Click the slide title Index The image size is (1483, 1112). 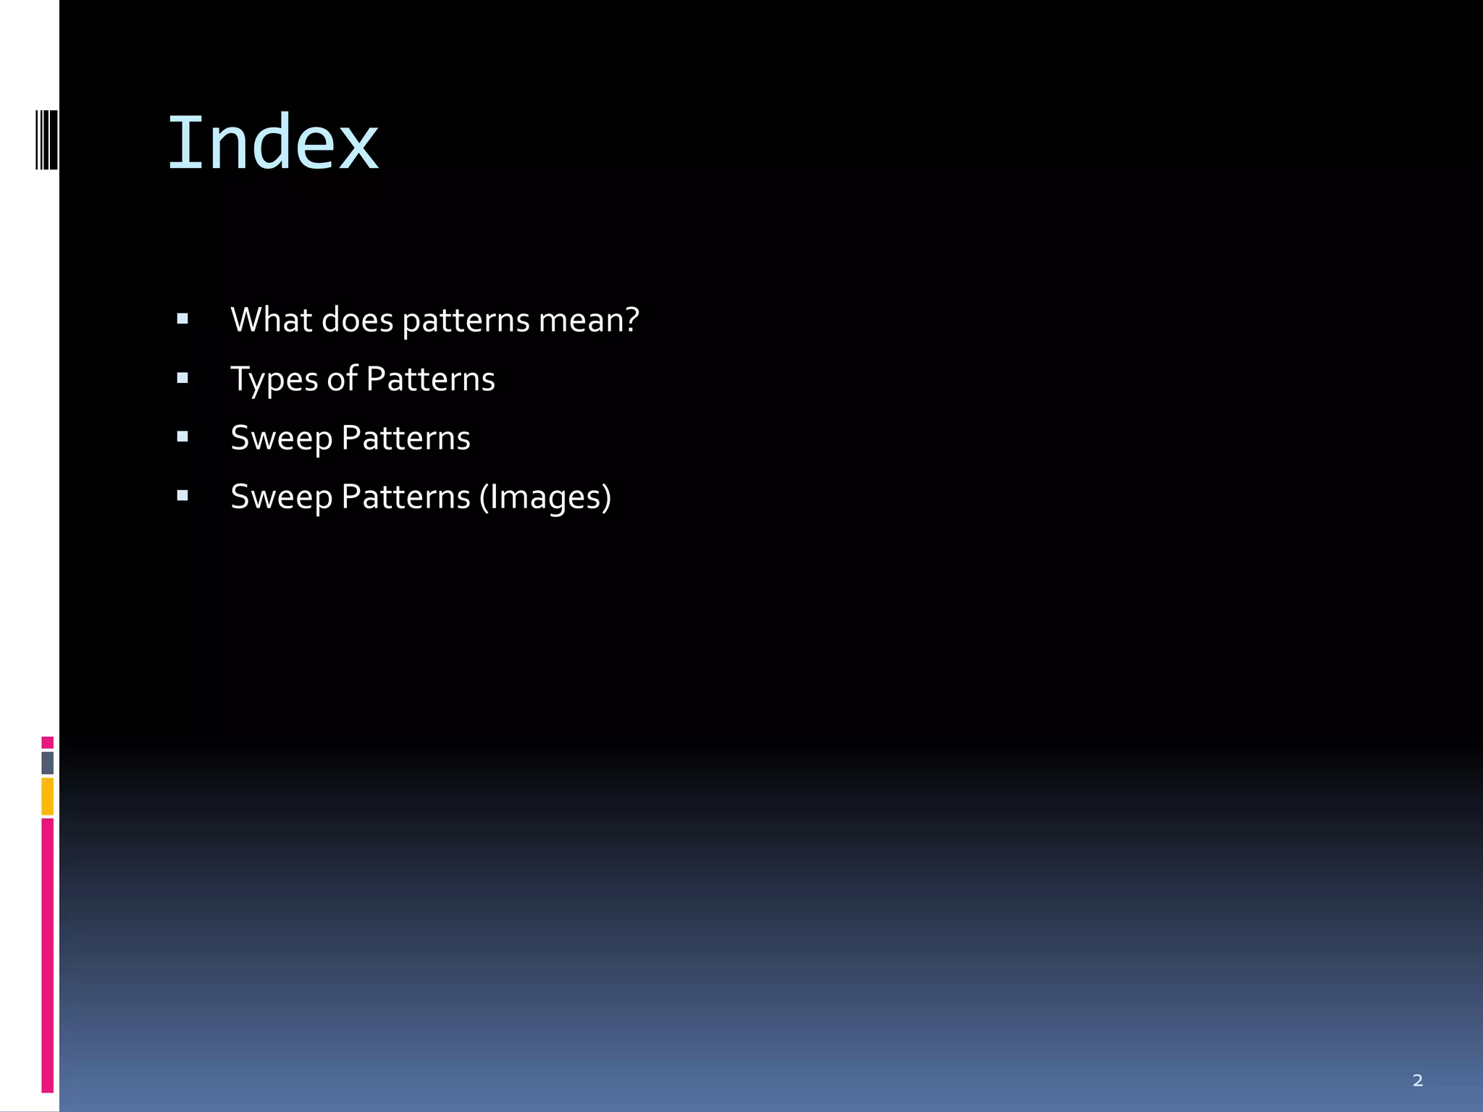273,143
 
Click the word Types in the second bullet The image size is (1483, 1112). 274,379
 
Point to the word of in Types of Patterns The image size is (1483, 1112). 342,379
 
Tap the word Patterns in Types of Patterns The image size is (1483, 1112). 430,379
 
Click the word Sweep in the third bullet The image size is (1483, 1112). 281,438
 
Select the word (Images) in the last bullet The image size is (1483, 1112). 545,497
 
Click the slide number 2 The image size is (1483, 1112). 1417,1080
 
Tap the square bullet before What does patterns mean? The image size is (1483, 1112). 182,319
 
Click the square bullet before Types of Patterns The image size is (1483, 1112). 182,378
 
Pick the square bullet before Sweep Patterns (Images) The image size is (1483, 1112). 182,496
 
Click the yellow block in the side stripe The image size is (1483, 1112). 48,796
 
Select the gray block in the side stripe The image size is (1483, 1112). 48,762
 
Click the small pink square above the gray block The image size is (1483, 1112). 48,742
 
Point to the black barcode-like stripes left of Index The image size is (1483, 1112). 47,140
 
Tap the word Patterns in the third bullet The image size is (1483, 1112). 406,438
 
